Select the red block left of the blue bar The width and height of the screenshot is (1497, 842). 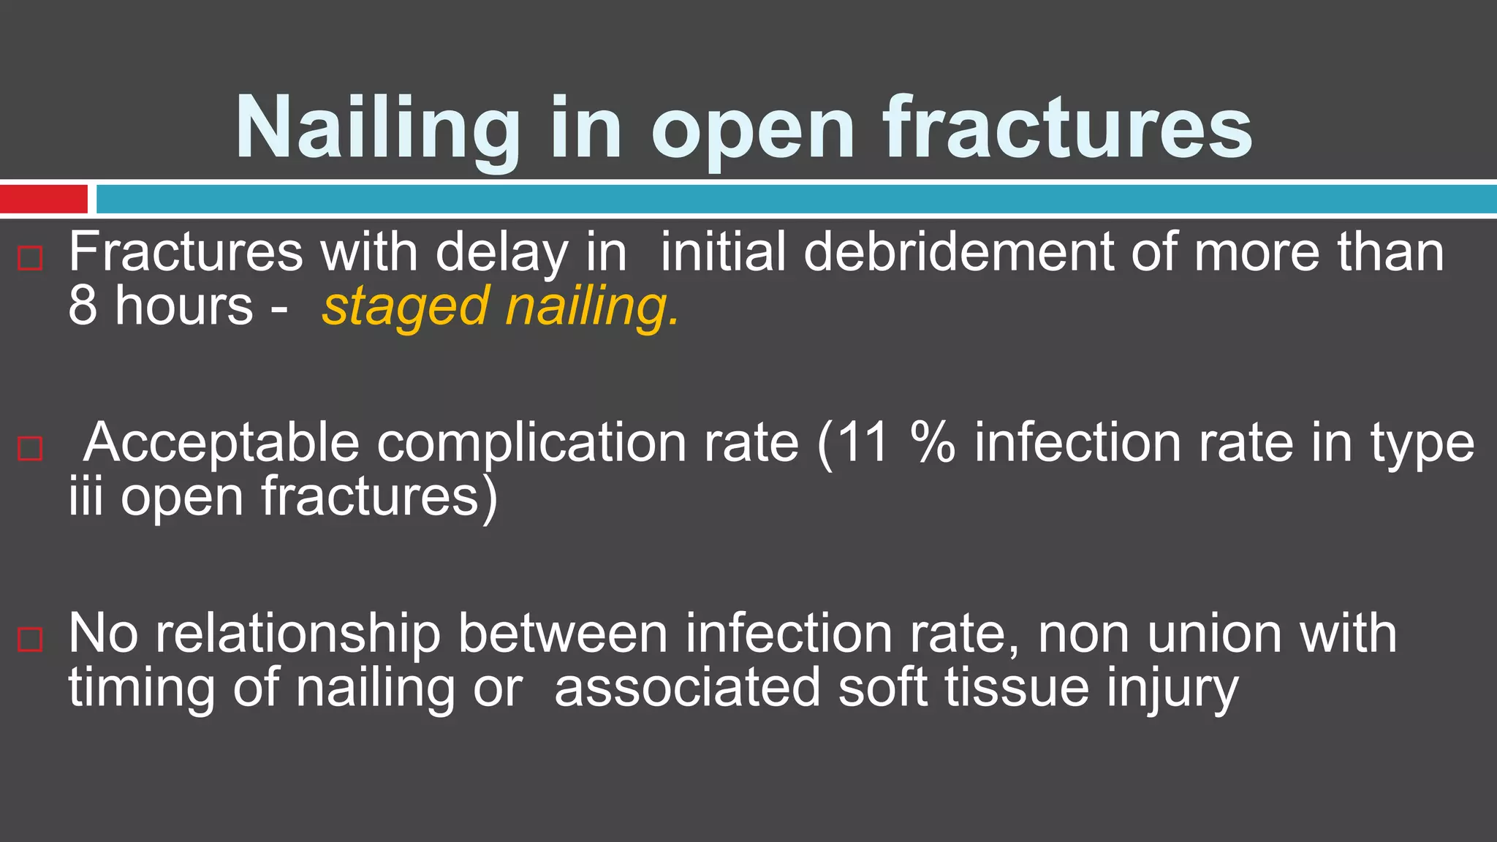point(44,199)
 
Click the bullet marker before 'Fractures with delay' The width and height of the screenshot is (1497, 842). point(30,258)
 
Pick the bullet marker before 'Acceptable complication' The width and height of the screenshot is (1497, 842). point(30,448)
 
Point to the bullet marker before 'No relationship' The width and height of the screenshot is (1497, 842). point(30,639)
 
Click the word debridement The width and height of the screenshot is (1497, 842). point(959,252)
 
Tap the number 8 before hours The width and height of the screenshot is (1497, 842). point(83,306)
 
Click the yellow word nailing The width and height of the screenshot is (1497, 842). point(592,307)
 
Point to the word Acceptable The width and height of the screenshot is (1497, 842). point(221,444)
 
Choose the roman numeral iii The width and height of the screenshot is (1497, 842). point(86,497)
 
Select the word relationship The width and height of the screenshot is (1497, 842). point(298,634)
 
